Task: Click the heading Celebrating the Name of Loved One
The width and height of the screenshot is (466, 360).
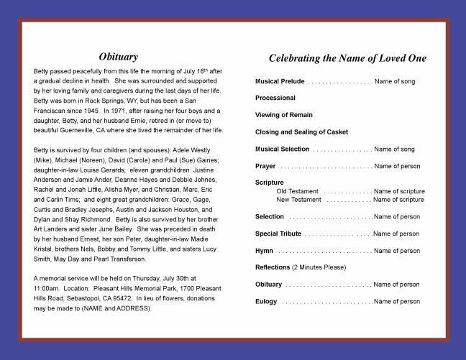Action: coord(347,57)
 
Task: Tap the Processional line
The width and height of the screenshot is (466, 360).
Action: coord(275,98)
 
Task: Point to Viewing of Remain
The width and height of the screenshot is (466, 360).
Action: coord(285,115)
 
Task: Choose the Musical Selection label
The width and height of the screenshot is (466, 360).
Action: coord(283,149)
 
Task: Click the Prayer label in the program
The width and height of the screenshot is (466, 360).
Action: coord(265,166)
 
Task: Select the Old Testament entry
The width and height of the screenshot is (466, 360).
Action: coord(298,191)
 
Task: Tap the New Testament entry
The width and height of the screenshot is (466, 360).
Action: coord(300,199)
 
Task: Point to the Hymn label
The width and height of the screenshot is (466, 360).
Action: coord(264,251)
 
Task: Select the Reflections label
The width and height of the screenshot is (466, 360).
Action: coord(273,267)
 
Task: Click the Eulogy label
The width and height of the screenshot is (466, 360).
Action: coord(265,301)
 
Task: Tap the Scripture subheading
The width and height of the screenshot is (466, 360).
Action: coord(270,183)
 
